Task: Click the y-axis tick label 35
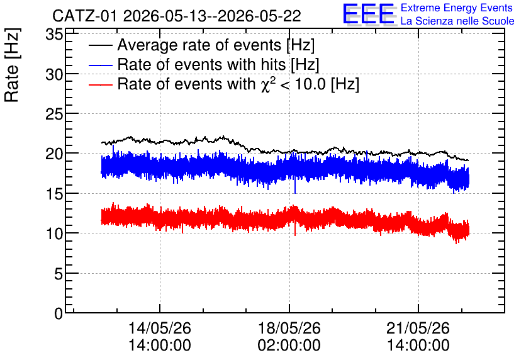click(54, 35)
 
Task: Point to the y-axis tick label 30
click(54, 74)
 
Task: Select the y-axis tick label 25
click(54, 114)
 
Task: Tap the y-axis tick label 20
click(54, 154)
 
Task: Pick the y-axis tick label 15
click(54, 194)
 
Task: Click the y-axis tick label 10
click(54, 233)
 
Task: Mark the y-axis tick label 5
click(59, 274)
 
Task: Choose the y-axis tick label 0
click(59, 313)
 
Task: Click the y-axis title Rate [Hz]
click(12, 65)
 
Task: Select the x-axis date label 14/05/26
click(160, 328)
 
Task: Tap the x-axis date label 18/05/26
click(289, 328)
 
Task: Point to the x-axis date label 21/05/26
click(418, 328)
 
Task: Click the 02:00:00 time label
click(289, 345)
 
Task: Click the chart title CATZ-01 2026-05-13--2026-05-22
click(177, 16)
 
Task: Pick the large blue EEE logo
click(369, 14)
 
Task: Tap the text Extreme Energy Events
click(457, 8)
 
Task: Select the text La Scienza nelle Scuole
click(457, 21)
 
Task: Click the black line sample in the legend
click(100, 45)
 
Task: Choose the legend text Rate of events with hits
click(201, 65)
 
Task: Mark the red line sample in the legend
click(100, 84)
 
